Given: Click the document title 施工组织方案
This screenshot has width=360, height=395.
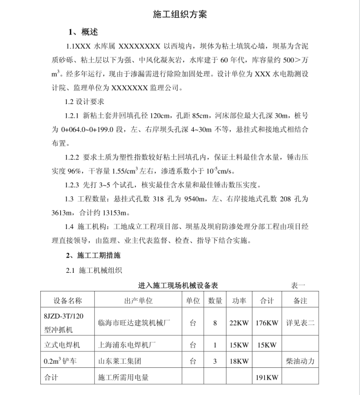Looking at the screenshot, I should point(180,14).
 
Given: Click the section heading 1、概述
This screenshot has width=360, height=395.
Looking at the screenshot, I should point(83,32).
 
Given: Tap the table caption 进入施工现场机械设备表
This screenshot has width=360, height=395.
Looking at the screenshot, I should point(178,286).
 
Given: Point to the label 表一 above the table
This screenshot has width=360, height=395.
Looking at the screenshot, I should point(298,286).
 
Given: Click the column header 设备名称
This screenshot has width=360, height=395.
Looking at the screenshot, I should point(68,301).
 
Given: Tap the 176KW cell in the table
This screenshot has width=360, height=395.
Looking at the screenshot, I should point(266,323).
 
